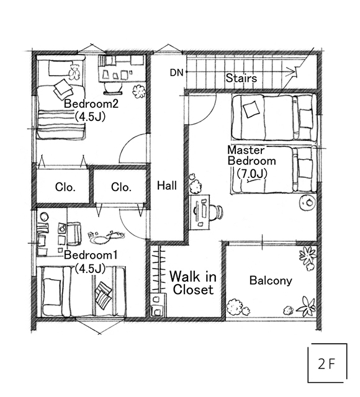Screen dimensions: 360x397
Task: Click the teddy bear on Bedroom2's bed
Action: click(x=74, y=71)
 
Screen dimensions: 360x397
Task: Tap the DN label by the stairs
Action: click(x=176, y=73)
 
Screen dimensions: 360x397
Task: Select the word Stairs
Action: click(x=241, y=78)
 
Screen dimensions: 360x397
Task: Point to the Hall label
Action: click(x=167, y=185)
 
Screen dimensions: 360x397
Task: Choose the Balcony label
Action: click(x=271, y=280)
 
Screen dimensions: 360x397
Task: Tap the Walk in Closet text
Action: click(x=193, y=283)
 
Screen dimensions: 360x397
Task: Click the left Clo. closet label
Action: click(x=65, y=187)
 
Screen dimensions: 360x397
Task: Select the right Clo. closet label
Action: click(x=121, y=187)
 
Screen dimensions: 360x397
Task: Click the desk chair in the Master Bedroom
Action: click(x=217, y=212)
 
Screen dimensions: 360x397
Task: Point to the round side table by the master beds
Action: click(x=308, y=202)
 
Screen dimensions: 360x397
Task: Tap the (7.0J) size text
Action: click(x=252, y=174)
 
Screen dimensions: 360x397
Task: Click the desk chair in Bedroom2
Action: click(x=113, y=88)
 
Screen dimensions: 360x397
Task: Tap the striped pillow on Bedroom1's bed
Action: click(x=104, y=295)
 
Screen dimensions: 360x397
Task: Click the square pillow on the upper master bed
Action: click(x=251, y=109)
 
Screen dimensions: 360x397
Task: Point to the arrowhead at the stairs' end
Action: click(x=294, y=71)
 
